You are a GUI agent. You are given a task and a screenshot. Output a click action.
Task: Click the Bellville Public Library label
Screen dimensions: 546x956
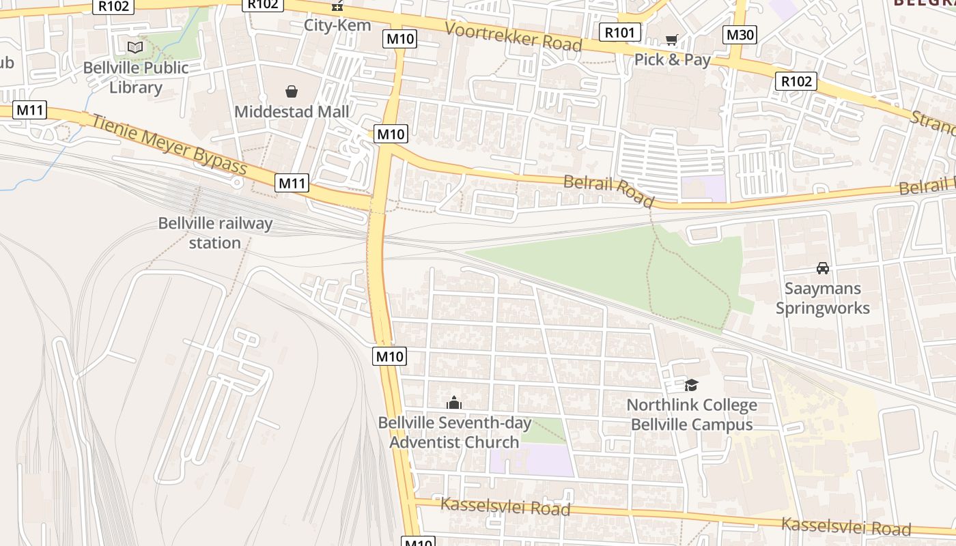point(135,78)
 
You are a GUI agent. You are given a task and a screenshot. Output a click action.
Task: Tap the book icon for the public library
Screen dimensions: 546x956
point(135,47)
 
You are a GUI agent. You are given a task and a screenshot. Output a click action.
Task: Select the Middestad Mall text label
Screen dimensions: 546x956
point(292,111)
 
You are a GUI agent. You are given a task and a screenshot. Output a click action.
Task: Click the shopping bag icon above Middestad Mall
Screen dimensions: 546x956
point(292,91)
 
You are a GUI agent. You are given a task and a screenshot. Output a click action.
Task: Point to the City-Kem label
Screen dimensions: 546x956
point(337,25)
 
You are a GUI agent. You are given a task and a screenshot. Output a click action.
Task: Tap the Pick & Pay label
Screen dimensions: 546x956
point(673,59)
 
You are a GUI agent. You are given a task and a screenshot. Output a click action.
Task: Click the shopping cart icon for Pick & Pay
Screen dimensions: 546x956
point(672,40)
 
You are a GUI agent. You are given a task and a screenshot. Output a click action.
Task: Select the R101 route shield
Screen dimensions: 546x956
point(620,32)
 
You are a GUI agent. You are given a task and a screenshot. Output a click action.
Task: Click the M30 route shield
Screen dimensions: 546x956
point(740,35)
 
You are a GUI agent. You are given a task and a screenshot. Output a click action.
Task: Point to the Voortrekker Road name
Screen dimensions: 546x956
point(514,36)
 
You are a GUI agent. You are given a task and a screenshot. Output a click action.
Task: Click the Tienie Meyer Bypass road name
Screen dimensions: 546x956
point(169,144)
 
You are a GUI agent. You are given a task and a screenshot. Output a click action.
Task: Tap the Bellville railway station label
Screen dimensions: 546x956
point(215,233)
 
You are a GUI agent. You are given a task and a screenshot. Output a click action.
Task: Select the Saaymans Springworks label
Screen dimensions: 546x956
point(823,298)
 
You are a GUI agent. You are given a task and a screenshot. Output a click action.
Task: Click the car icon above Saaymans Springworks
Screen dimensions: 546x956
point(823,268)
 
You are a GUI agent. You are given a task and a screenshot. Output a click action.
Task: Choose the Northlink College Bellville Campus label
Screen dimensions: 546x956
point(692,414)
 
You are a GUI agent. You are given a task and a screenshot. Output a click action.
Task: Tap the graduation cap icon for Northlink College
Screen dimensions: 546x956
point(691,385)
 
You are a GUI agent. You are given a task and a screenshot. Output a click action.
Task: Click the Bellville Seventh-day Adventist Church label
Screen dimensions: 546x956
point(455,432)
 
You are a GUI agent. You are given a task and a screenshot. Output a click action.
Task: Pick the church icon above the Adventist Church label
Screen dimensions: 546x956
point(454,403)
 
